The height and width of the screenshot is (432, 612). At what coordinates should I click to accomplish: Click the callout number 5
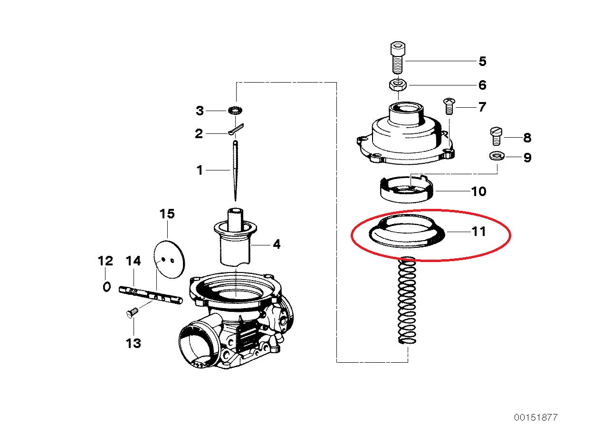coord(482,61)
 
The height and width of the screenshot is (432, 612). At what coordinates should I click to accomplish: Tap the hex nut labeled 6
coord(398,85)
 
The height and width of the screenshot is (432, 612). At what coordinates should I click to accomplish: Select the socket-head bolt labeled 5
coord(398,57)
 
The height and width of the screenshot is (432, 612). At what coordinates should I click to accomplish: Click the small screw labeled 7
coord(449,106)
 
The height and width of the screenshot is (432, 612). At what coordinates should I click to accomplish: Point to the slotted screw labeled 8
coord(497,136)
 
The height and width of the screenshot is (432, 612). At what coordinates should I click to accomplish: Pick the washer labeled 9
coord(497,156)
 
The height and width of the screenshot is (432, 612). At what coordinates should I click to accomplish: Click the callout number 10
coord(478,191)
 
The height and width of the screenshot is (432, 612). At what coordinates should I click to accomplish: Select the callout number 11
coord(478,231)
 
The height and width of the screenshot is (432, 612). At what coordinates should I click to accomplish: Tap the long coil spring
coord(407,300)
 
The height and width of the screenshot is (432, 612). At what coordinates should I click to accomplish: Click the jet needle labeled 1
coord(235,170)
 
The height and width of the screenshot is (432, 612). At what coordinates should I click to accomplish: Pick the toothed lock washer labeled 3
coord(235,111)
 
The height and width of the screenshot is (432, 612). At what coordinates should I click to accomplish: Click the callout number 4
coord(277,244)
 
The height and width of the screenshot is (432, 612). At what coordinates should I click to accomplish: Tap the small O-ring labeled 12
coord(107,287)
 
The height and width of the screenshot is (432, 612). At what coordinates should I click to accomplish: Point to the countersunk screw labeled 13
coord(133,312)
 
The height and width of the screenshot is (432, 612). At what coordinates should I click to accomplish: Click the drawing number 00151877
coord(536,417)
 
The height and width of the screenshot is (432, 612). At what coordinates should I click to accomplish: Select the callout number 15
coord(167,214)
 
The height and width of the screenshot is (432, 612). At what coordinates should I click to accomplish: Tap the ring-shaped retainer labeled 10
coord(407,189)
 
